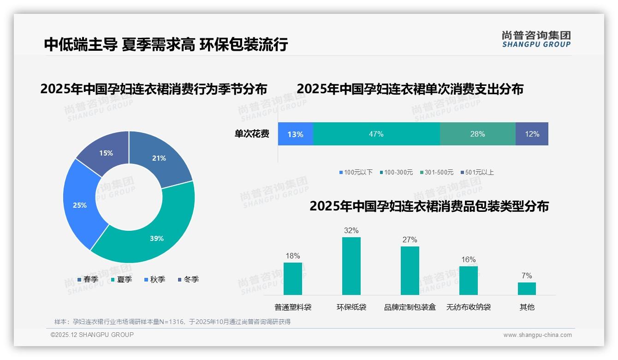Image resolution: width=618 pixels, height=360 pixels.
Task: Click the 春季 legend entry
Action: click(x=88, y=279)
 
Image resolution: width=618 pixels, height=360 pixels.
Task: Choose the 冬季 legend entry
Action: click(x=188, y=279)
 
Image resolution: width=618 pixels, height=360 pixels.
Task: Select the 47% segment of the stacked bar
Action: click(x=376, y=134)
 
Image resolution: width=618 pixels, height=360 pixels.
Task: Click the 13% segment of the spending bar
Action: click(x=295, y=134)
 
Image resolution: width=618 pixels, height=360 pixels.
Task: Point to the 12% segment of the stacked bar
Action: click(x=532, y=134)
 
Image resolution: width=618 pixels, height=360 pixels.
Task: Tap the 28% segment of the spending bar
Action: click(x=477, y=134)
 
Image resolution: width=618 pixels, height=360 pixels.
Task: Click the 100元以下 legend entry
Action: click(x=356, y=172)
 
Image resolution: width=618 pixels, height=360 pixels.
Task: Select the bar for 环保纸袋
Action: click(x=351, y=266)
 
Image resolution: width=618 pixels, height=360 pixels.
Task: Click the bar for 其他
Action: click(x=527, y=288)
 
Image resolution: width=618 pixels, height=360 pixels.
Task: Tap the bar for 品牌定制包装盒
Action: click(x=410, y=270)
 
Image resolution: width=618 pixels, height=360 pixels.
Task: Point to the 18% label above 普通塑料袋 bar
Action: click(x=293, y=256)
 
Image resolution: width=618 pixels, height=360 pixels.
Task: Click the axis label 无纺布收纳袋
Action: click(x=469, y=307)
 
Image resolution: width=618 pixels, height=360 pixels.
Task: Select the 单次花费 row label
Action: click(x=252, y=134)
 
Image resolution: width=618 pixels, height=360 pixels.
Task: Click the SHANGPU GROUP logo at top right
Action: click(x=536, y=39)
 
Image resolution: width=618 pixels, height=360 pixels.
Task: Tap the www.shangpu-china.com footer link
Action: click(x=537, y=335)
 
